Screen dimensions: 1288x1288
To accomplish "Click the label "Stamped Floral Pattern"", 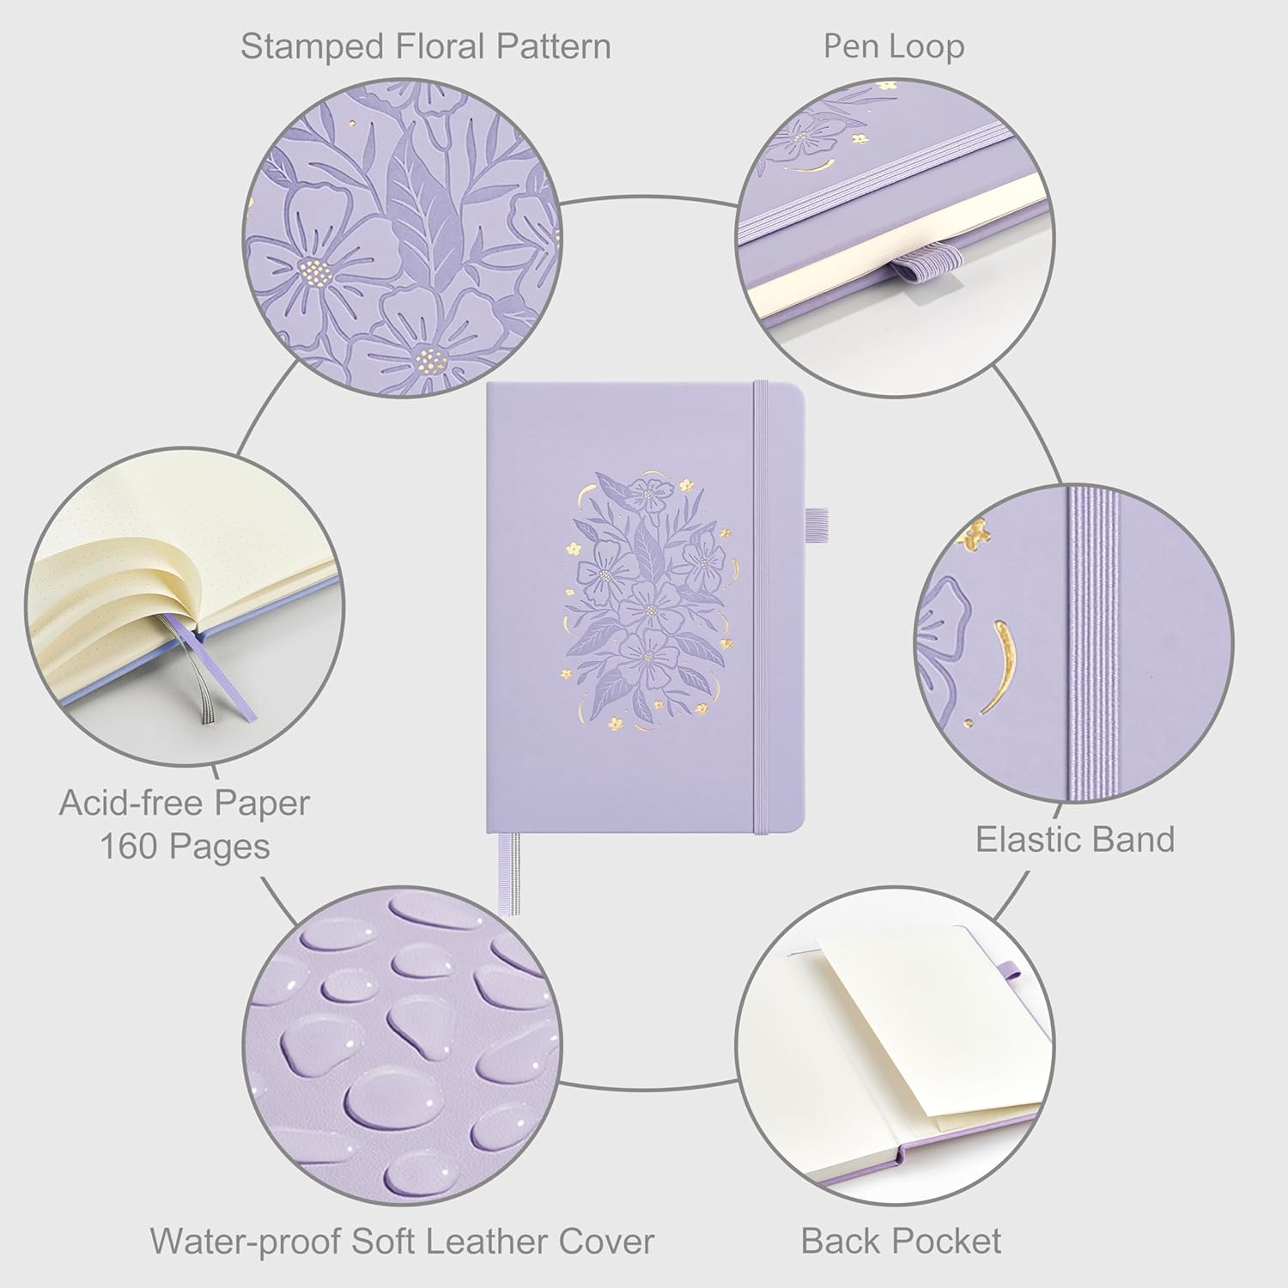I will (425, 46).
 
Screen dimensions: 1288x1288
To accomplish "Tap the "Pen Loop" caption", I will (893, 46).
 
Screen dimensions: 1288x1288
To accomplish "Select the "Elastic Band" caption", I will (1074, 839).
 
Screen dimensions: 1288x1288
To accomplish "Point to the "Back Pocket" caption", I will (901, 1241).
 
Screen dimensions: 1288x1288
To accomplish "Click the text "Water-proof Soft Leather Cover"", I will (402, 1241).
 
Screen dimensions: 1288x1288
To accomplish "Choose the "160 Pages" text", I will (185, 847).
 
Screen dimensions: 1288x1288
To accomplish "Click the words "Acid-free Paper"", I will (185, 803).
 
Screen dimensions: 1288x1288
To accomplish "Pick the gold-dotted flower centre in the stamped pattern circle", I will (315, 273).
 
